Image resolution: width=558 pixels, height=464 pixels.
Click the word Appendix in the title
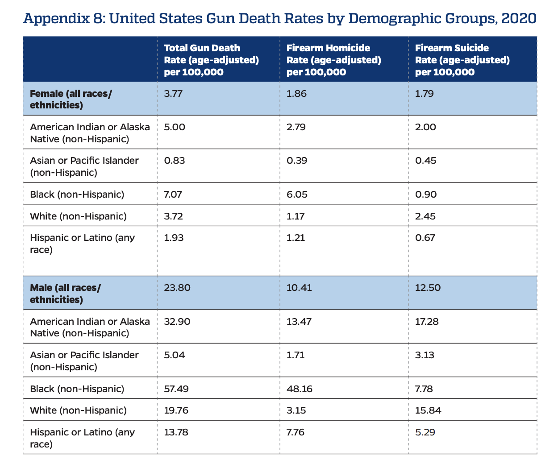click(x=56, y=19)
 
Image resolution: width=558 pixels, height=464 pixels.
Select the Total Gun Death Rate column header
click(x=211, y=60)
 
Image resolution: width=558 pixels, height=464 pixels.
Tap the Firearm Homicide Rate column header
click(x=333, y=60)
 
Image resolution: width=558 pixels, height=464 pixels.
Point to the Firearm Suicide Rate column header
click(x=462, y=60)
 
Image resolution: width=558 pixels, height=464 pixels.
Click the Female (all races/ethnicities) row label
click(x=71, y=99)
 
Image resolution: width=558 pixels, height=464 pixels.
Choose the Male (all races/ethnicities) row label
click(x=66, y=293)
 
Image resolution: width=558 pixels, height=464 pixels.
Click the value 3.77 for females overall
click(x=173, y=94)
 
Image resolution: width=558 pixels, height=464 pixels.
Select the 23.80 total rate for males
click(x=177, y=287)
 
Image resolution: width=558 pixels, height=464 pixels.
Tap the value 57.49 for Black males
click(x=176, y=389)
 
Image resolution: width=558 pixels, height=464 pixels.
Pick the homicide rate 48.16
click(x=299, y=389)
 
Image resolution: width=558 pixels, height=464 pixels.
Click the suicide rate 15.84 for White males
click(x=428, y=410)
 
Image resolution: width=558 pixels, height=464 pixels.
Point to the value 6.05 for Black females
click(x=297, y=194)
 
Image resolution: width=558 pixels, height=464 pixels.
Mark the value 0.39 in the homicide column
click(x=297, y=160)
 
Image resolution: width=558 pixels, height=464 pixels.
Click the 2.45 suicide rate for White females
click(x=425, y=216)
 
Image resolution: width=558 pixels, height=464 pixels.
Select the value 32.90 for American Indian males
click(x=177, y=321)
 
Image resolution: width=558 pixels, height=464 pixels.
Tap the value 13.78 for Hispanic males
click(x=176, y=432)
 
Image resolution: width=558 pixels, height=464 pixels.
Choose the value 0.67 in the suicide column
click(x=425, y=237)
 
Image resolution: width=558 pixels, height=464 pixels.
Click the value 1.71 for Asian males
click(x=296, y=355)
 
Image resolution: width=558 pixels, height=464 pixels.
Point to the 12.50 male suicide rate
click(x=428, y=287)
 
